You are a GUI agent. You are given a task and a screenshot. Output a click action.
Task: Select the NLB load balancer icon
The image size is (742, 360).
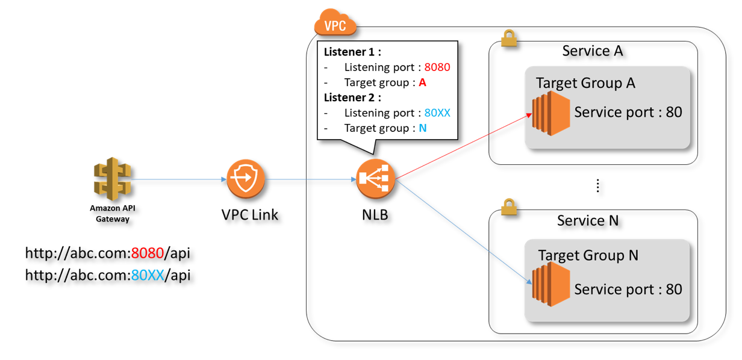coord(375,179)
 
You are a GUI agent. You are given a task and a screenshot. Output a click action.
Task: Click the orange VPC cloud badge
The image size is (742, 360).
coord(335,25)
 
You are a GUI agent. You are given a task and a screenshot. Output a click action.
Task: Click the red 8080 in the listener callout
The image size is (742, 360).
coord(437,67)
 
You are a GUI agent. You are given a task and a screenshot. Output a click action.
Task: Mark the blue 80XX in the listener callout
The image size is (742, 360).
coord(437,113)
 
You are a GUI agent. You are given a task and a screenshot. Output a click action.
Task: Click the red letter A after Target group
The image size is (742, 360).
coord(422,82)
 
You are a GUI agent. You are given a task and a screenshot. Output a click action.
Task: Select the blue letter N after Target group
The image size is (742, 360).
coord(422,128)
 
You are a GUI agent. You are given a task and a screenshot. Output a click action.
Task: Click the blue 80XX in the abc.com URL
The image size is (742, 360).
coord(148,275)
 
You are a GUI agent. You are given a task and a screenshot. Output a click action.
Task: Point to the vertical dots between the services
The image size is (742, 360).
coord(597,186)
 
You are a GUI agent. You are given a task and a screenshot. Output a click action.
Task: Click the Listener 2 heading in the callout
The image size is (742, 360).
coord(352,98)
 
